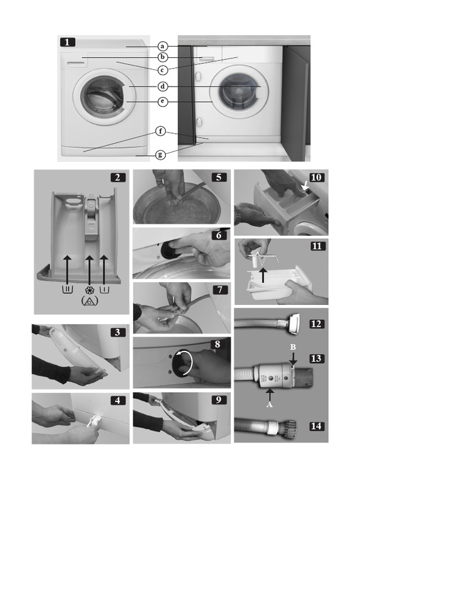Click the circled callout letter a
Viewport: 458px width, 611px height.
tap(163, 46)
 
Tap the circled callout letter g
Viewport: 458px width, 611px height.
tap(160, 155)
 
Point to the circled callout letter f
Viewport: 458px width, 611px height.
tap(160, 131)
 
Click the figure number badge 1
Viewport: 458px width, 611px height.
tap(67, 42)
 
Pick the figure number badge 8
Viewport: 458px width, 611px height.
tap(218, 344)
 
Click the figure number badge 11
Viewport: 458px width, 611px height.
tap(317, 246)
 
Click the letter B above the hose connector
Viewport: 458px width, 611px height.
tap(293, 347)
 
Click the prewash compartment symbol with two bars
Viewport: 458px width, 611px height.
tap(67, 290)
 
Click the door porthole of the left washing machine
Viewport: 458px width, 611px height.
tap(100, 95)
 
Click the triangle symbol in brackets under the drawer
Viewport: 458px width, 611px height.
tap(90, 302)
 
